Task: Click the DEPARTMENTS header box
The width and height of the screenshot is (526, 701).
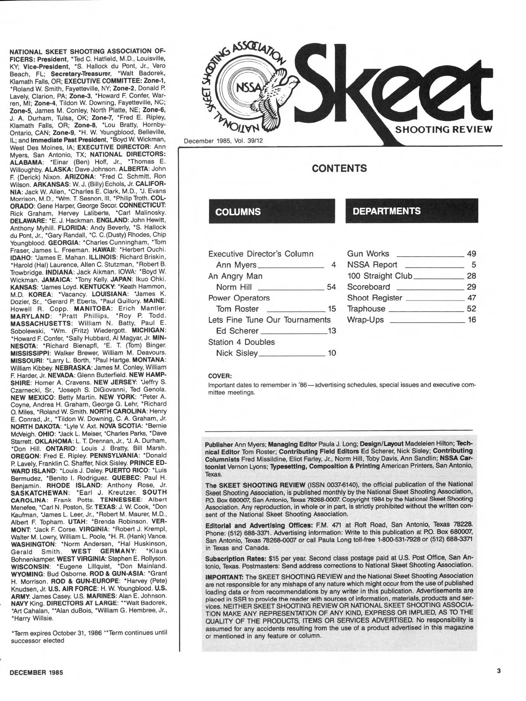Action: coord(412,211)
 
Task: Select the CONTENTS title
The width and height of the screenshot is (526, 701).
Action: coord(339,168)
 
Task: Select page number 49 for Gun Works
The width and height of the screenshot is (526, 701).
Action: coord(472,254)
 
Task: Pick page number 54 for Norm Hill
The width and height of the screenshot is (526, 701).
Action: coord(331,287)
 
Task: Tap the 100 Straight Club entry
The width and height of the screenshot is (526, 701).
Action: coord(380,276)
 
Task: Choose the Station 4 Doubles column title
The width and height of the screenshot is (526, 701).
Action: coord(241,342)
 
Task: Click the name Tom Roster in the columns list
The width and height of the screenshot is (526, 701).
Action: coord(238,309)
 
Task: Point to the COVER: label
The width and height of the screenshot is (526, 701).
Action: coord(220,375)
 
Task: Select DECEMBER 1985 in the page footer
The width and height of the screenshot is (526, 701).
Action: coord(35,672)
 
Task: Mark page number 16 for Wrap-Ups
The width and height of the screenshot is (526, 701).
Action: coord(472,320)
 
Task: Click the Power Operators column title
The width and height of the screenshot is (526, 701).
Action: coord(239,298)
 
